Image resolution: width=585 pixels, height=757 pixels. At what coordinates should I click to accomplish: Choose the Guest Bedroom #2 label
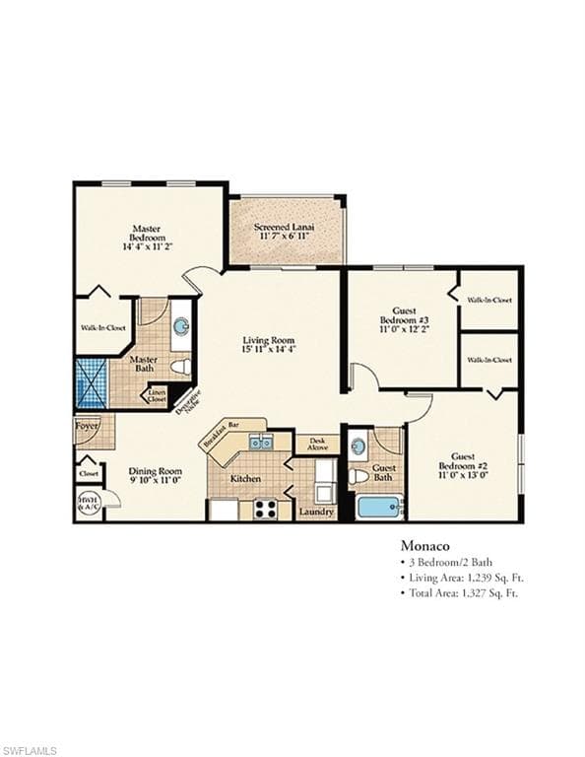click(463, 464)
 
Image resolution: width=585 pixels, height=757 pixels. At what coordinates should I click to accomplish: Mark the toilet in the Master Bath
click(180, 367)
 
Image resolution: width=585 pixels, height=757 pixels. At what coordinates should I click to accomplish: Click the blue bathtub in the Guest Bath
click(378, 508)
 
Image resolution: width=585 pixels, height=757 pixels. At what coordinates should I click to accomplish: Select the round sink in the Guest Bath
click(357, 447)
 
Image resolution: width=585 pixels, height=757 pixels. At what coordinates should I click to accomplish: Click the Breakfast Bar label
click(221, 435)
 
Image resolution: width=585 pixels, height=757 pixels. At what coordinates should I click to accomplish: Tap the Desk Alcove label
click(317, 445)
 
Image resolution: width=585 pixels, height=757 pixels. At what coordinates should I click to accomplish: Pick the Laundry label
click(316, 512)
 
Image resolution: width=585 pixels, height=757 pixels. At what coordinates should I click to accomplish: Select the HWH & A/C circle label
click(88, 503)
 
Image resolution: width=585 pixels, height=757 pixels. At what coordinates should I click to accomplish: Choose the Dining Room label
click(156, 475)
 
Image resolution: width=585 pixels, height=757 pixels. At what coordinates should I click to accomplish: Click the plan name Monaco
click(424, 544)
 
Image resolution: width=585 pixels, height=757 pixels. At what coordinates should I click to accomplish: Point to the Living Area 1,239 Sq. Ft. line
click(459, 578)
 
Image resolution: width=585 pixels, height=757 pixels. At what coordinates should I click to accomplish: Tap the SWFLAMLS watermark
click(30, 750)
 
